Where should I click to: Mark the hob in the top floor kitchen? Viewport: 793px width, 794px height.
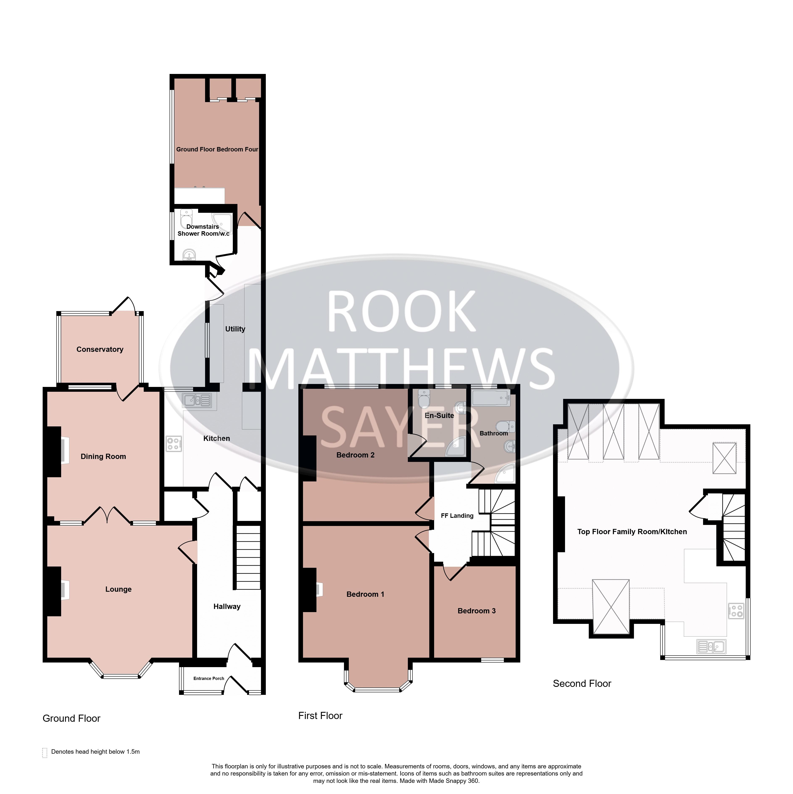point(736,611)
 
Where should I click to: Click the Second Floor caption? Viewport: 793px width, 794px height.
point(582,684)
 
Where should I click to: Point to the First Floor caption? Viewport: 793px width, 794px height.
point(320,715)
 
